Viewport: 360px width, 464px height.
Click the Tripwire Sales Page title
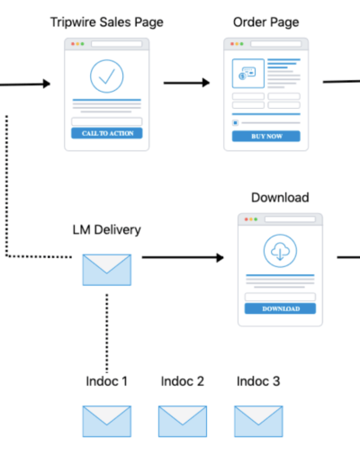107,22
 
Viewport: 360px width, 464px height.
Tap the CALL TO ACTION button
107,133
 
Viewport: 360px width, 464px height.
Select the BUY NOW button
266,136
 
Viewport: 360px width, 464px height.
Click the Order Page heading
266,22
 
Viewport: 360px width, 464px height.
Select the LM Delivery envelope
107,270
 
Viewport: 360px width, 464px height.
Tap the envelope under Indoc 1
107,421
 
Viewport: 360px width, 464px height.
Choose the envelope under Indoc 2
183,421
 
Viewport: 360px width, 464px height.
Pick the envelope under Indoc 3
258,421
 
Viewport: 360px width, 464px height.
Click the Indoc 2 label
183,381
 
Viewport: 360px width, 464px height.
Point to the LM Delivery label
107,230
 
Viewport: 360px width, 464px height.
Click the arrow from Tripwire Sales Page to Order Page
186,83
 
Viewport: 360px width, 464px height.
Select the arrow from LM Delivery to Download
183,257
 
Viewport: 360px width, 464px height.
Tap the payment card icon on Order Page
247,74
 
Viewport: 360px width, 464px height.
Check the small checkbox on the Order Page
236,122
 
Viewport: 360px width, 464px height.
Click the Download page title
280,198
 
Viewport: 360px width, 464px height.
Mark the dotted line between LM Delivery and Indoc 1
107,333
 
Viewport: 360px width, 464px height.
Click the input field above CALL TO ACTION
107,121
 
